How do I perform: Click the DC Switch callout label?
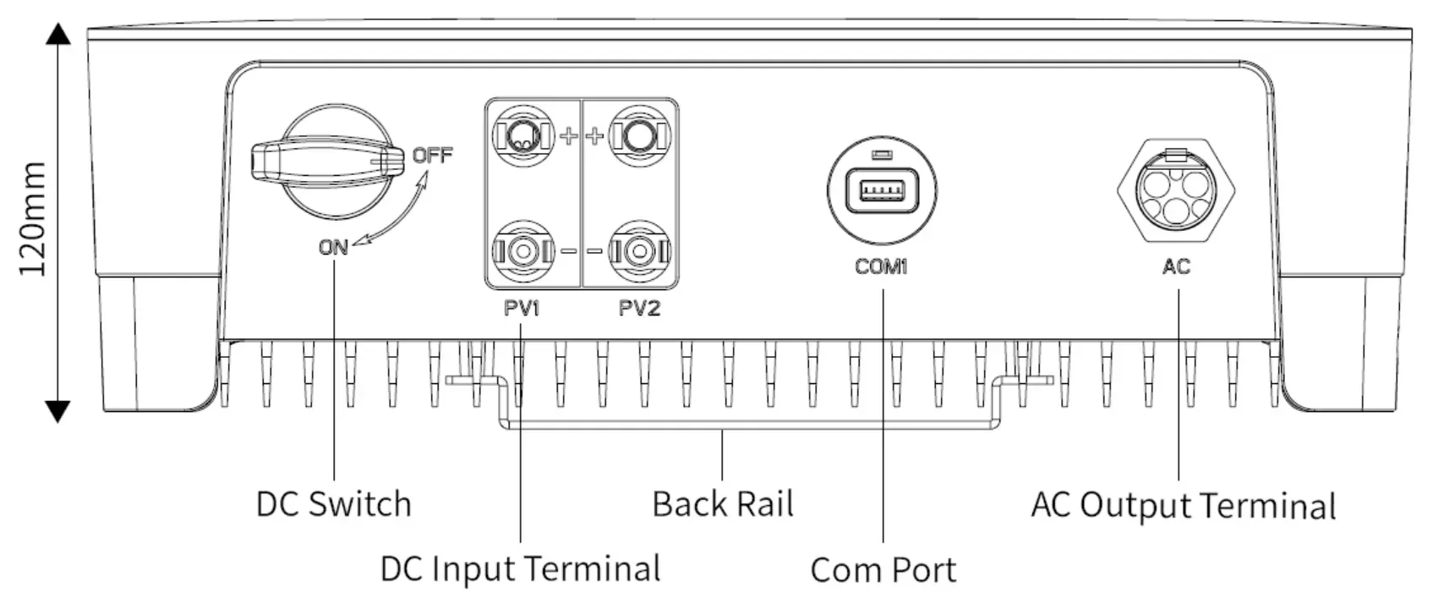333,504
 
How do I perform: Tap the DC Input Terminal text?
520,568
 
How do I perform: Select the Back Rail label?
723,504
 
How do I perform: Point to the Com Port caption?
883,570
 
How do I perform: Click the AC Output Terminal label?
1183,505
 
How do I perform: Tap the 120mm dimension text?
33,219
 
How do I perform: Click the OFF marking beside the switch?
432,155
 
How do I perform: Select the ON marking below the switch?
333,247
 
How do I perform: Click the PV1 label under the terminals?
522,308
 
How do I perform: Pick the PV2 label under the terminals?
639,308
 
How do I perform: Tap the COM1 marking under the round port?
881,266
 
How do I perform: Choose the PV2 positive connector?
640,134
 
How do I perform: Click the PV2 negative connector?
640,251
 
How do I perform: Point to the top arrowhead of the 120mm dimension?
57,35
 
